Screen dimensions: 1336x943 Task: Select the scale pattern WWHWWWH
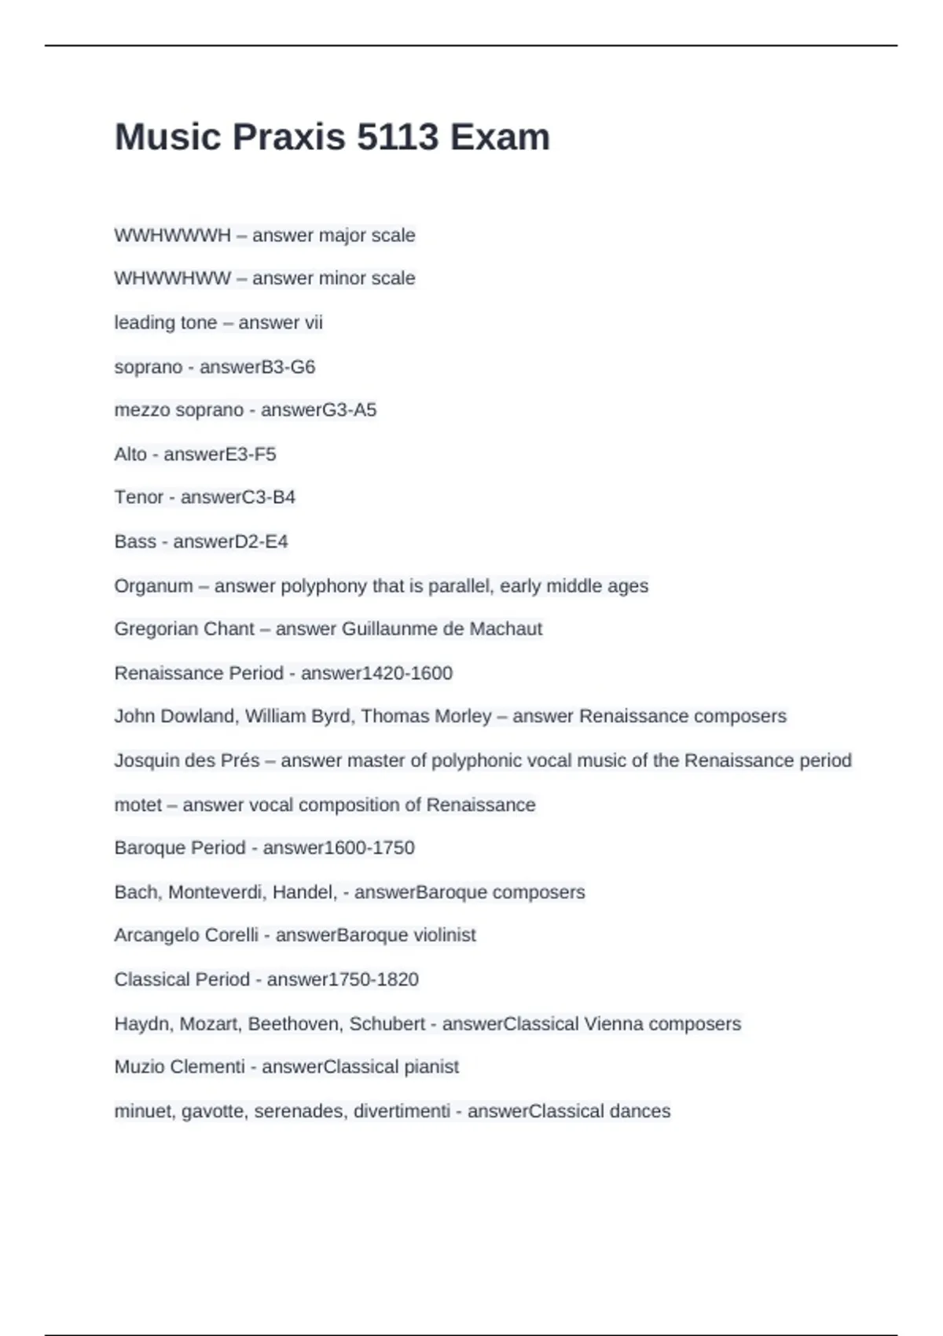172,235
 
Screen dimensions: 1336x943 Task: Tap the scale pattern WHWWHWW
172,278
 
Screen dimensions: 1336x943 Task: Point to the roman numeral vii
314,322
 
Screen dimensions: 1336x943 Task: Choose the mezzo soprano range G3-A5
349,409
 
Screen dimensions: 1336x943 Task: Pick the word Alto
130,454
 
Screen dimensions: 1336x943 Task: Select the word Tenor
138,497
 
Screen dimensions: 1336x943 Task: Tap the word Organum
153,585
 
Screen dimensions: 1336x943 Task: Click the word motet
138,805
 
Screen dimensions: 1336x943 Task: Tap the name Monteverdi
215,892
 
